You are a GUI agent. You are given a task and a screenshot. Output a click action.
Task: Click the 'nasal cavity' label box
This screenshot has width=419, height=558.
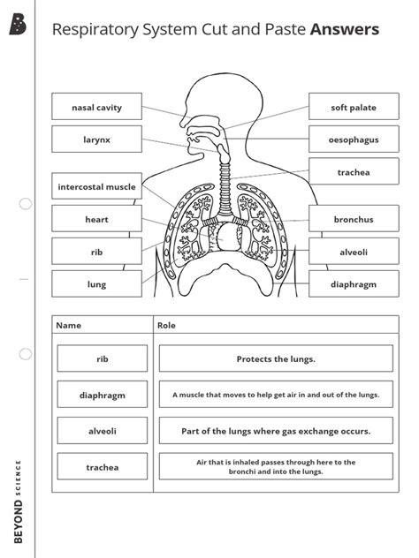tap(96, 108)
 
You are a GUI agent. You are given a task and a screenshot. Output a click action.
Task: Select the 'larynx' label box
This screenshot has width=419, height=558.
tap(96, 139)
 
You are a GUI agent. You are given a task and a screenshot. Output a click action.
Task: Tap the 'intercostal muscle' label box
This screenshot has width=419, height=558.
tap(96, 187)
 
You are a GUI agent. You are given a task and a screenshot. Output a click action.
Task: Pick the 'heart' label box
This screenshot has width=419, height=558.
tap(96, 219)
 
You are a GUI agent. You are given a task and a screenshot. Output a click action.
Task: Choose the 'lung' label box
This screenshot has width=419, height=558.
tap(96, 284)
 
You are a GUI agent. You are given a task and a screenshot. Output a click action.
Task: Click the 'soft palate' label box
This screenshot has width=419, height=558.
tap(354, 108)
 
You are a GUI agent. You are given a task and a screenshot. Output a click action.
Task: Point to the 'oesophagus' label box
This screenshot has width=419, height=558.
tap(354, 139)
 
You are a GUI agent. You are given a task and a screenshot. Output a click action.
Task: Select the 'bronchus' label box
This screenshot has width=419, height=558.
tap(354, 219)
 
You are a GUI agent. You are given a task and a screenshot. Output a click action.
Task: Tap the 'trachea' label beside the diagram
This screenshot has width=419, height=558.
tap(354, 172)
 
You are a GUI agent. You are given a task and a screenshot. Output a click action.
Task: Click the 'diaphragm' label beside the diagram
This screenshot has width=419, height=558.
tap(354, 284)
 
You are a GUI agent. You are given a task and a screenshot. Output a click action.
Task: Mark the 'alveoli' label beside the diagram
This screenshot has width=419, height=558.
tap(354, 252)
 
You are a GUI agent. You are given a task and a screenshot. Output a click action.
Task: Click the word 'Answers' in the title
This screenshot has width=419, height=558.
tap(345, 30)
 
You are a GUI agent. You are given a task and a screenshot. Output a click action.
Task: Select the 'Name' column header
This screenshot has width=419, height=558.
tap(68, 325)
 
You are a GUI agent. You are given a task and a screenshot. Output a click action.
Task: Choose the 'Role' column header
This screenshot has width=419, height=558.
tap(166, 325)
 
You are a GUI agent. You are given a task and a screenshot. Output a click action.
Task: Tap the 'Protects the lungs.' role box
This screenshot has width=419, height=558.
tap(276, 358)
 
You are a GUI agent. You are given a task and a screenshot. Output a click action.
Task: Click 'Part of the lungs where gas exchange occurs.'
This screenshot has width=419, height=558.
tap(276, 431)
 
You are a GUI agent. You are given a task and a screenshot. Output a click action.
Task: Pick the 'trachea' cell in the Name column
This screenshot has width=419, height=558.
tap(102, 467)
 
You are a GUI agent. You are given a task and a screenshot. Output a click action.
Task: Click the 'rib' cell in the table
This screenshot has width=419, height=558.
tap(102, 358)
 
